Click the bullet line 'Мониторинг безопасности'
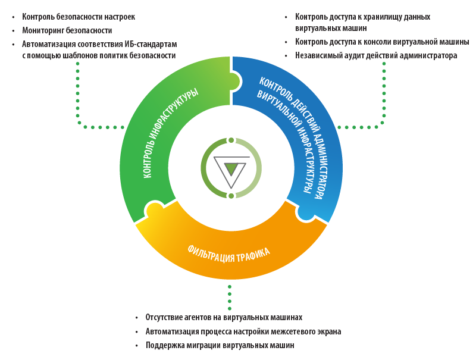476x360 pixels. coord(67,30)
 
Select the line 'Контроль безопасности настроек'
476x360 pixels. coord(79,17)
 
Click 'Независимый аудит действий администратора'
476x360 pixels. coord(376,55)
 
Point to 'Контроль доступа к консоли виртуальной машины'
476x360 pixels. coord(382,42)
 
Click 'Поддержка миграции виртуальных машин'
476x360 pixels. coord(220,345)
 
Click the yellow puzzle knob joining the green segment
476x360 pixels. coord(154,211)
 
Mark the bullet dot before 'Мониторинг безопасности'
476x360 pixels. coord(13,30)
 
